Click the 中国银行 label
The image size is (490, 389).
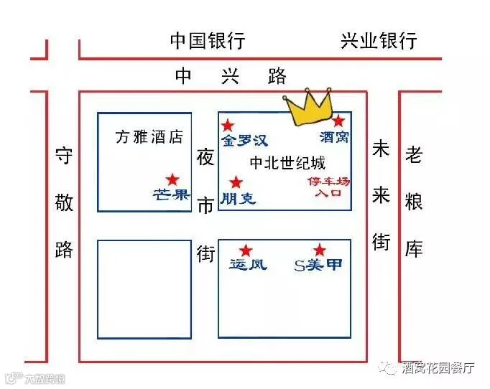(208, 40)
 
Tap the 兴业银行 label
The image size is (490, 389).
(379, 40)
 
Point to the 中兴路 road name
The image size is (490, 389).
(231, 76)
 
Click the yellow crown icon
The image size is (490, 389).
(310, 108)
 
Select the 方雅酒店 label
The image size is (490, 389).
(149, 137)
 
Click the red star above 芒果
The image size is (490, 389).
(172, 179)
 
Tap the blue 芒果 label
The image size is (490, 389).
(170, 194)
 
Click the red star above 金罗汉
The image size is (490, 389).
(228, 124)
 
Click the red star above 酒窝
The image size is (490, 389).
(338, 121)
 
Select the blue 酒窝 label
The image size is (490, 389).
(334, 136)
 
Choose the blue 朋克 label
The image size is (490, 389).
(239, 198)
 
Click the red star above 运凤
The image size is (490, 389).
(246, 250)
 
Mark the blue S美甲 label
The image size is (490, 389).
(318, 265)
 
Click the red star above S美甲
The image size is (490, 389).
(320, 250)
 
